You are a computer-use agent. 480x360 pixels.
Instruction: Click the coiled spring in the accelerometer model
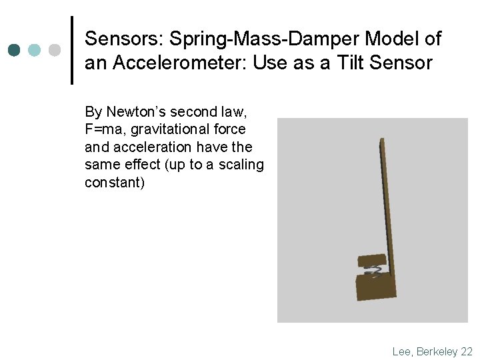[374, 271]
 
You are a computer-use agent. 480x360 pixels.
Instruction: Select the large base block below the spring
[376, 287]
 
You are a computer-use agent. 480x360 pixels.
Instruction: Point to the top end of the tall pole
[382, 141]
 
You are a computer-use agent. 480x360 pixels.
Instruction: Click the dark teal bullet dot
[15, 50]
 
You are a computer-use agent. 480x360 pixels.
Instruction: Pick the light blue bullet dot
[35, 50]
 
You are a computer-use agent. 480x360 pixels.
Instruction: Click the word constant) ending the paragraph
[114, 182]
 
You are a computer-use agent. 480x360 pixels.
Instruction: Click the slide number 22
[466, 351]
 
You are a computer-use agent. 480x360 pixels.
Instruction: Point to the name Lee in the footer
[402, 351]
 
